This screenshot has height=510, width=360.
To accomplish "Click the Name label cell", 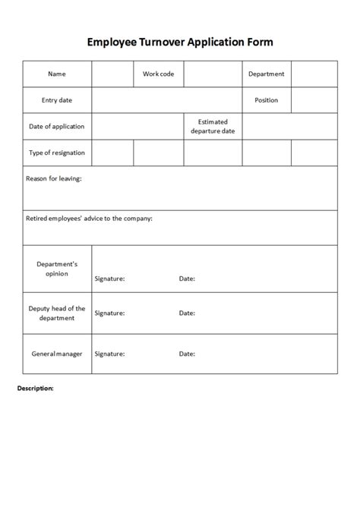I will [x=57, y=74].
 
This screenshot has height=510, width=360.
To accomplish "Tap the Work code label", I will [x=158, y=74].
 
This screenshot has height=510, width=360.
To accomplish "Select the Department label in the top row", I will [x=267, y=74].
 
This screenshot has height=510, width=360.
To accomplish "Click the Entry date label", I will [x=57, y=100].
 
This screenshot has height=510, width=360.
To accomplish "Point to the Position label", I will [x=267, y=100].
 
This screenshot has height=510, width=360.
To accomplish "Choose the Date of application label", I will [x=57, y=126].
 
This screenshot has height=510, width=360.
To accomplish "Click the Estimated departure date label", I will [x=213, y=126].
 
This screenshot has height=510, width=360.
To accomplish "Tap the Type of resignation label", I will [x=57, y=153].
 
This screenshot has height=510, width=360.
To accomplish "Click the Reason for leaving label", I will [x=54, y=178].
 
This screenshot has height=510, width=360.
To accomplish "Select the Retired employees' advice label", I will [x=89, y=219].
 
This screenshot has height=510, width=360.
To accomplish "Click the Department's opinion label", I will [x=57, y=269].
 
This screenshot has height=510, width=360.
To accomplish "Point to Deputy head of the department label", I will [x=57, y=313].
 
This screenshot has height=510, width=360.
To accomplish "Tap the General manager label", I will [x=57, y=354].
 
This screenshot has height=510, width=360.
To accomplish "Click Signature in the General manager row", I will [x=109, y=354].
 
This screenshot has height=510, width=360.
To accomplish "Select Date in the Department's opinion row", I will [x=187, y=279].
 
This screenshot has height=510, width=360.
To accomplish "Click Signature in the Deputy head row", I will [x=109, y=313].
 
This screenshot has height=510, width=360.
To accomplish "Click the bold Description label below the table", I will [x=35, y=388].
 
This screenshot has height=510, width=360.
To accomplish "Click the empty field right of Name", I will [x=112, y=74].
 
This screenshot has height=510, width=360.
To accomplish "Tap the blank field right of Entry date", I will [x=167, y=100].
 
